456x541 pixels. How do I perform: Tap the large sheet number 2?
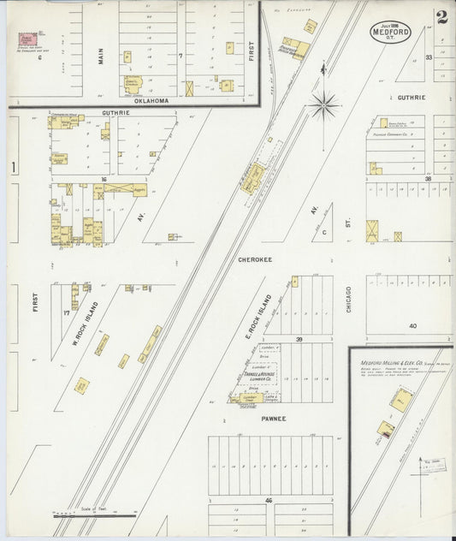[441, 18]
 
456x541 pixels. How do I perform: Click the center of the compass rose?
[324, 106]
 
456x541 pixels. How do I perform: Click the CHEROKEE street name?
[255, 256]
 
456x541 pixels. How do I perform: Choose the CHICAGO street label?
[350, 299]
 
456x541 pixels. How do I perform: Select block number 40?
[412, 325]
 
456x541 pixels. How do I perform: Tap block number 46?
[269, 498]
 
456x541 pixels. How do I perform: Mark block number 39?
[299, 339]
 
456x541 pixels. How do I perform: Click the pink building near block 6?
[28, 39]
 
